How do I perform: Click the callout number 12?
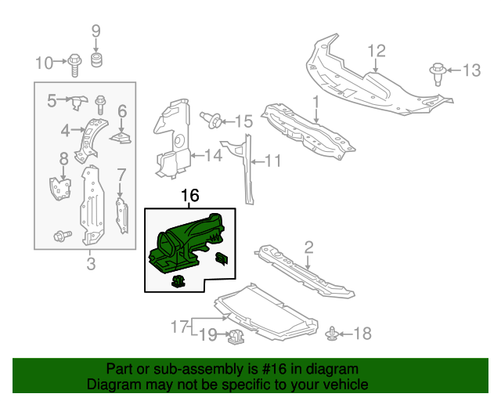point(377,52)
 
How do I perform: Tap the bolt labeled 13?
point(438,73)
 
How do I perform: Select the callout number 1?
point(316,102)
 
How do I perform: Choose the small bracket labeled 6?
point(120,139)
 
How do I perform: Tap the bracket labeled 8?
point(59,188)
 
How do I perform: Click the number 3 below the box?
point(91,264)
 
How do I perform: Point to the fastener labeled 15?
point(211,120)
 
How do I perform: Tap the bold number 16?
point(190,196)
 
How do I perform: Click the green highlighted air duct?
point(188,239)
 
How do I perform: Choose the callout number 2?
point(308,247)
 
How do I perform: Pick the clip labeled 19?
point(234,338)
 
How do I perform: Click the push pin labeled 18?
point(332,334)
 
